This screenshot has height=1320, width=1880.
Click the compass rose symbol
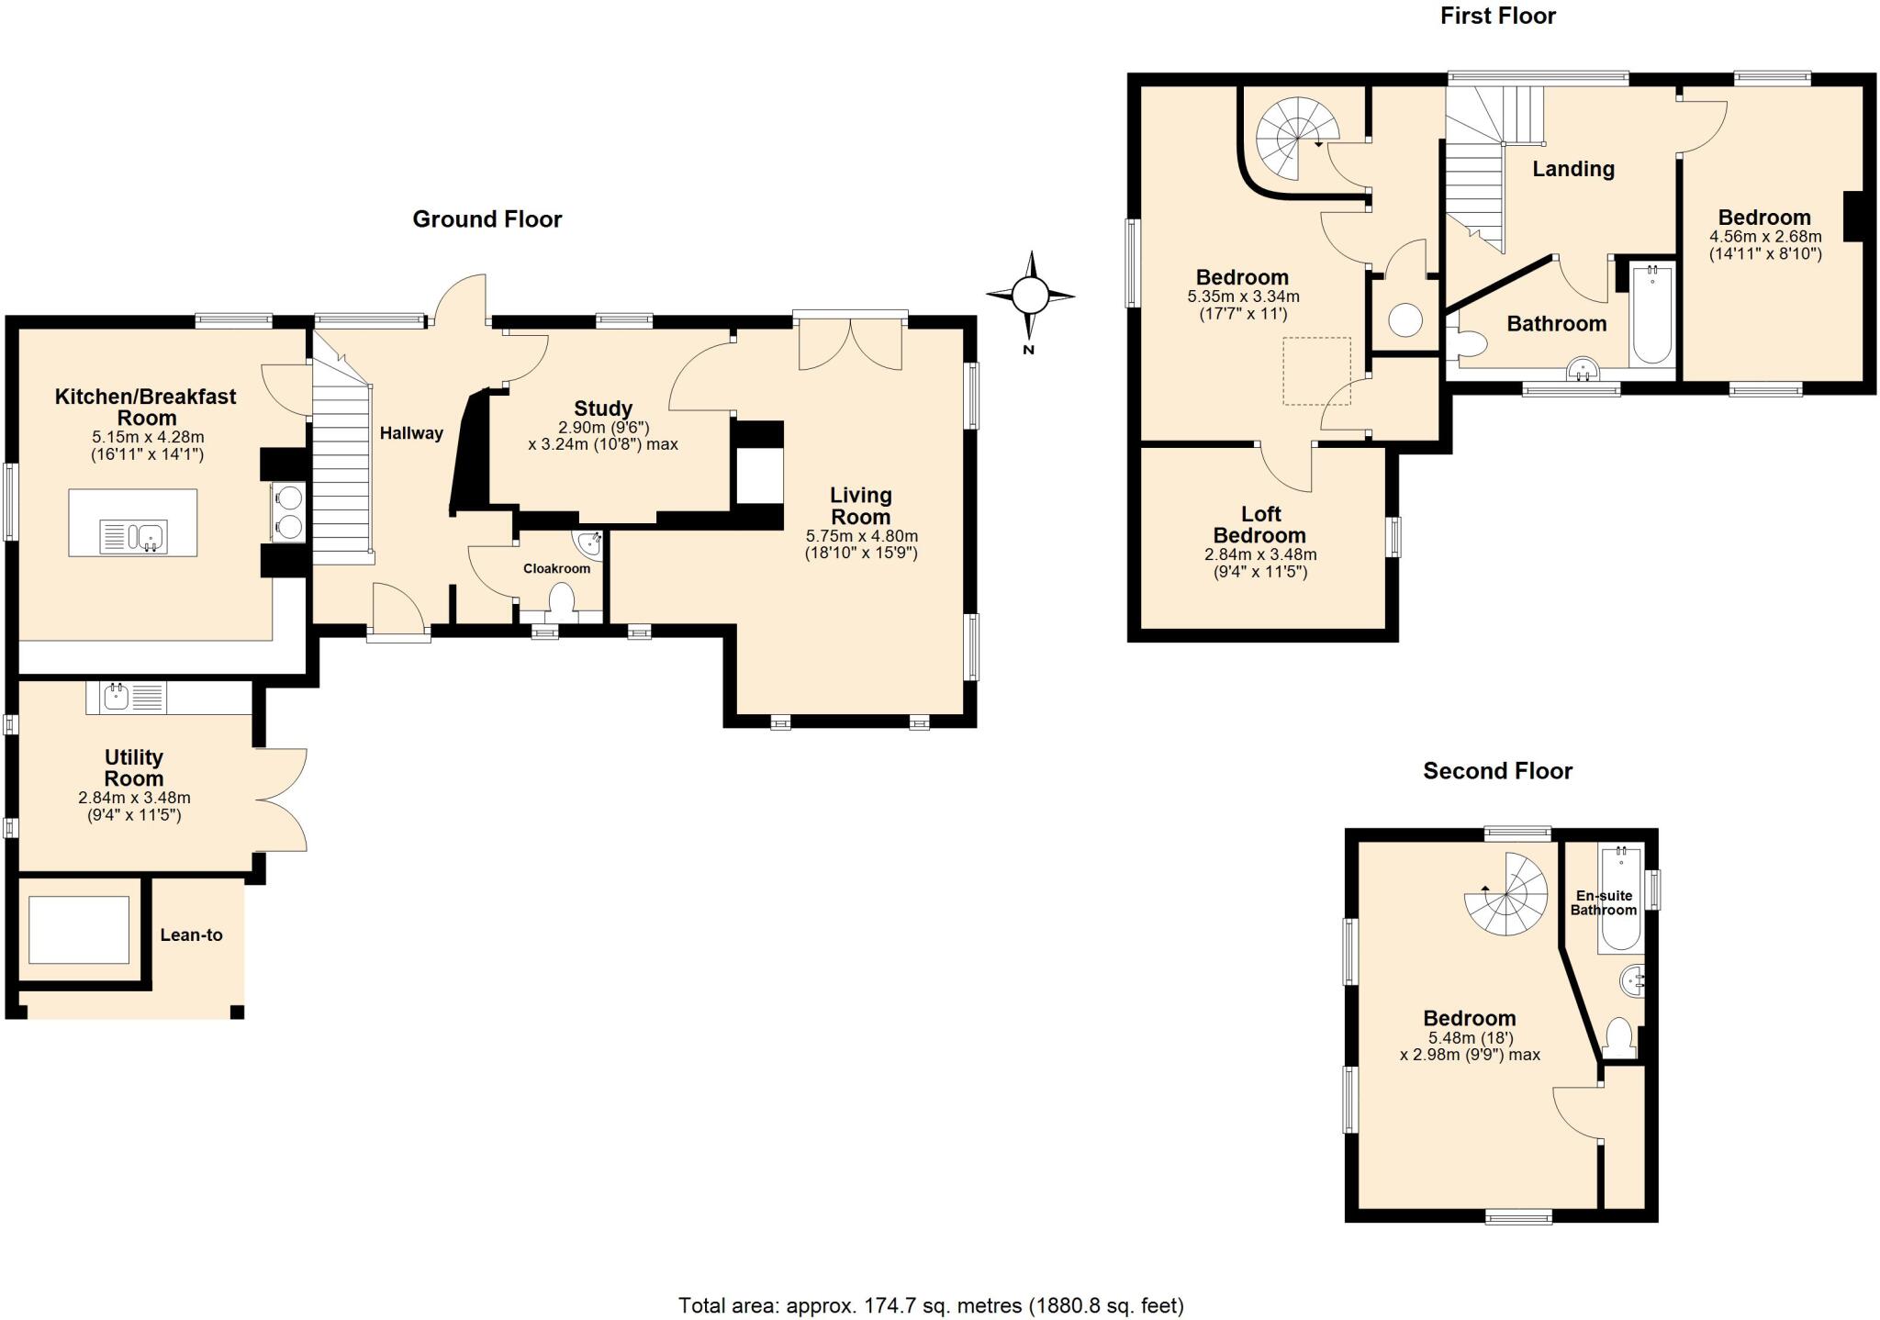1029,296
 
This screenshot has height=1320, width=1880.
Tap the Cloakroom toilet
560,601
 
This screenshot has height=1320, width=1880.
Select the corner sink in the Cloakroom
588,543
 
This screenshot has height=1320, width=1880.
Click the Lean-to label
191,934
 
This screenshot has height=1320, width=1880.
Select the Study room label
603,408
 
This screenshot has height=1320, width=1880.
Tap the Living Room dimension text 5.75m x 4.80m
861,536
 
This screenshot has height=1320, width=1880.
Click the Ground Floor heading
487,218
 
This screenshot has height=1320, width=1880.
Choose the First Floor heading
1497,16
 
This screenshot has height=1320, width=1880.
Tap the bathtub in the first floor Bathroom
1652,314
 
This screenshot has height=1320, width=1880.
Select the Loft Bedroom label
1259,525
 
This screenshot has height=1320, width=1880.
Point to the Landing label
1572,169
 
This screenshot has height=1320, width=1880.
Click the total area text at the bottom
931,1304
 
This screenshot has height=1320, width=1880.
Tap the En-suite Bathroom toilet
1619,1037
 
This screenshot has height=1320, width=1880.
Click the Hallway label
411,433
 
